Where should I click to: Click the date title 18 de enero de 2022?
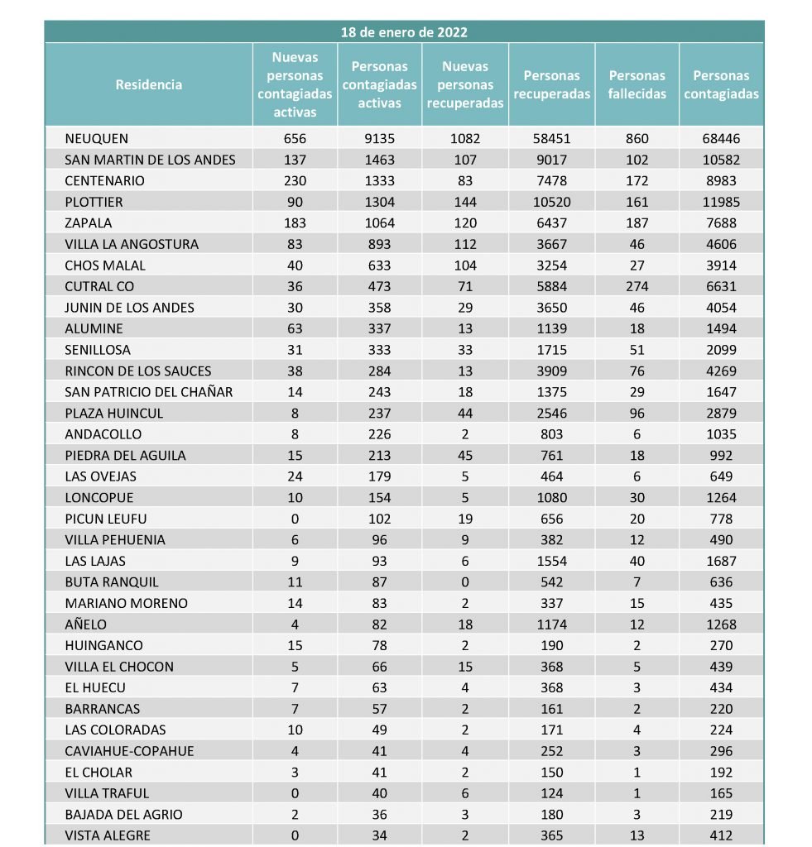tap(404, 32)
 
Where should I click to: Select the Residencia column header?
tap(149, 84)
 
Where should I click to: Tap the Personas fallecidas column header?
tap(637, 84)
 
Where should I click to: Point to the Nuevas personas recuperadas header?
tap(464, 84)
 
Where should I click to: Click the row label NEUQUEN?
tap(97, 139)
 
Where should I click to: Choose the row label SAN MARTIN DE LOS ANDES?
tap(150, 160)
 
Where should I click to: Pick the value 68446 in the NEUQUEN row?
tap(721, 139)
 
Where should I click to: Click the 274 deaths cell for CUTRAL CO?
tap(637, 287)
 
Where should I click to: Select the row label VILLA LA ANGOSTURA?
tap(132, 244)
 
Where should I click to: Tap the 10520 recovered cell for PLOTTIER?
tap(551, 202)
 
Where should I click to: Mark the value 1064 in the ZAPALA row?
tap(379, 223)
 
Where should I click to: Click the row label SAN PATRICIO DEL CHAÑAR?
tap(149, 392)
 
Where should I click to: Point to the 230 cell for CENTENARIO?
tap(294, 181)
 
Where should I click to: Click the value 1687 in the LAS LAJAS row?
tap(721, 561)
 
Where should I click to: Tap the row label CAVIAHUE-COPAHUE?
tap(129, 751)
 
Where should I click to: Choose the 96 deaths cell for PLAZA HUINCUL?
tap(637, 414)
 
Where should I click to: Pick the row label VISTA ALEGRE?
tap(108, 835)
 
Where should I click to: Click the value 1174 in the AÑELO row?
tap(551, 624)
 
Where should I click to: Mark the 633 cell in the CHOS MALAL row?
tap(379, 266)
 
